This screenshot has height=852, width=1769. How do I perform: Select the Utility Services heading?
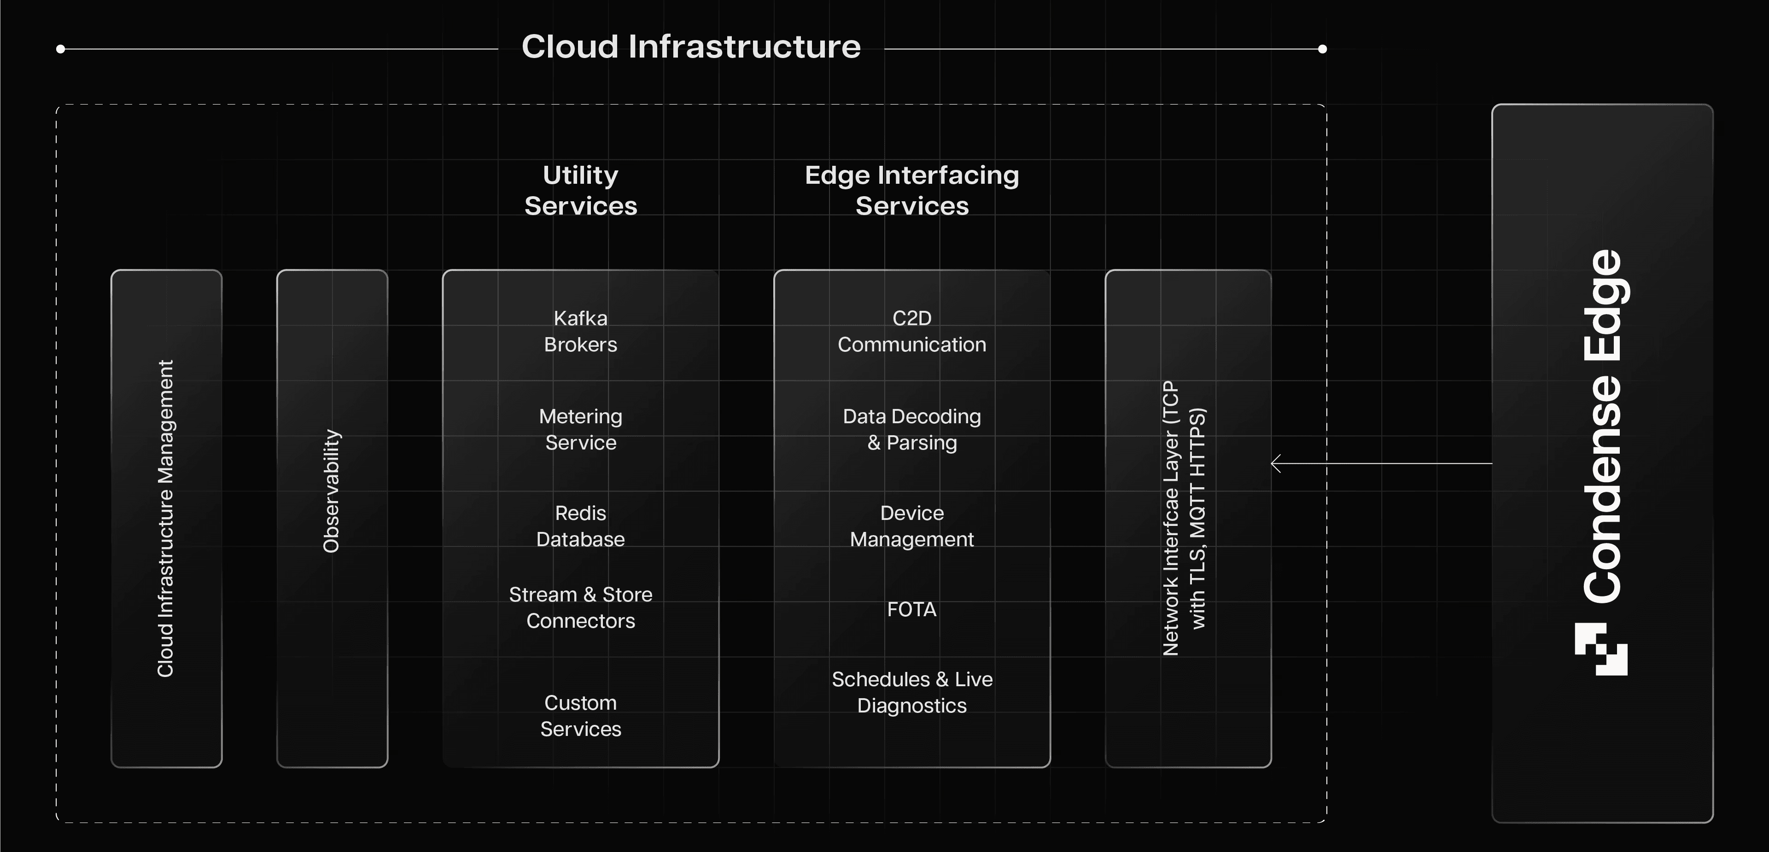(x=580, y=190)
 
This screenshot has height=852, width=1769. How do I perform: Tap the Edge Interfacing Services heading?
(x=911, y=190)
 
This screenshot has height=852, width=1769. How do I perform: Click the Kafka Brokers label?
(x=580, y=332)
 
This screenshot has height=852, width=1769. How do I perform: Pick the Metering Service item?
(x=580, y=429)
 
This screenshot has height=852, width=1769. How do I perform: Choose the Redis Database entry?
(x=580, y=526)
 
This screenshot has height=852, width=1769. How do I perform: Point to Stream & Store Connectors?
(x=580, y=607)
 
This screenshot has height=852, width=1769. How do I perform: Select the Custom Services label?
(x=580, y=715)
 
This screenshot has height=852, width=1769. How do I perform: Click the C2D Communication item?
(x=911, y=332)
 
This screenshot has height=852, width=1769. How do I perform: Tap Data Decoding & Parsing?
(x=911, y=429)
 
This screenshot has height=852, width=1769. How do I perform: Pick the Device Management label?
(x=911, y=526)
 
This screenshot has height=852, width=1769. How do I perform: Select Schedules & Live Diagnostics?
(x=911, y=692)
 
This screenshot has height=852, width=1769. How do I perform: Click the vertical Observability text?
(x=332, y=491)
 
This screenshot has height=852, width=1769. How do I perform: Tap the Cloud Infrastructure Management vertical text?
(x=165, y=519)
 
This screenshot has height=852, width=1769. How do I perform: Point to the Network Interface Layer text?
(x=1184, y=519)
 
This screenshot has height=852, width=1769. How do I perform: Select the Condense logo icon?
(x=1601, y=649)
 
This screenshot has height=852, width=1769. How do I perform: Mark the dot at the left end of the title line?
(x=60, y=49)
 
